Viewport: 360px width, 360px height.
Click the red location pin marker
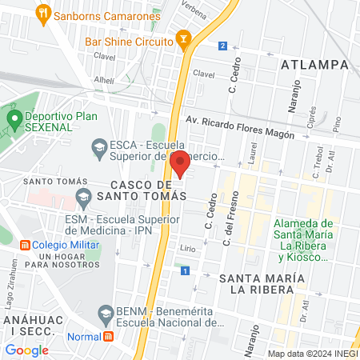click(x=180, y=163)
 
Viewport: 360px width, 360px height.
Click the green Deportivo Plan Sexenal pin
click(x=14, y=122)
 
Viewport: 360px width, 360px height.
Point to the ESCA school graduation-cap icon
click(x=98, y=146)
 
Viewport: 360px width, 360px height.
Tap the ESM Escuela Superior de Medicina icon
click(x=82, y=196)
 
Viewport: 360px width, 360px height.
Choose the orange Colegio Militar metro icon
click(x=25, y=244)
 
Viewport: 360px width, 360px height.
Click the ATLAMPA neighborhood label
click(x=314, y=64)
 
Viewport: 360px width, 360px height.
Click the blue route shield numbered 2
click(x=222, y=46)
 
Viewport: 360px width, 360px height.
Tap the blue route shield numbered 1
click(x=185, y=272)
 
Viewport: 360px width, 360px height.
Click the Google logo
click(x=26, y=350)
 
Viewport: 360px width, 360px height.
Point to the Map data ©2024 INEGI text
click(x=312, y=354)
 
